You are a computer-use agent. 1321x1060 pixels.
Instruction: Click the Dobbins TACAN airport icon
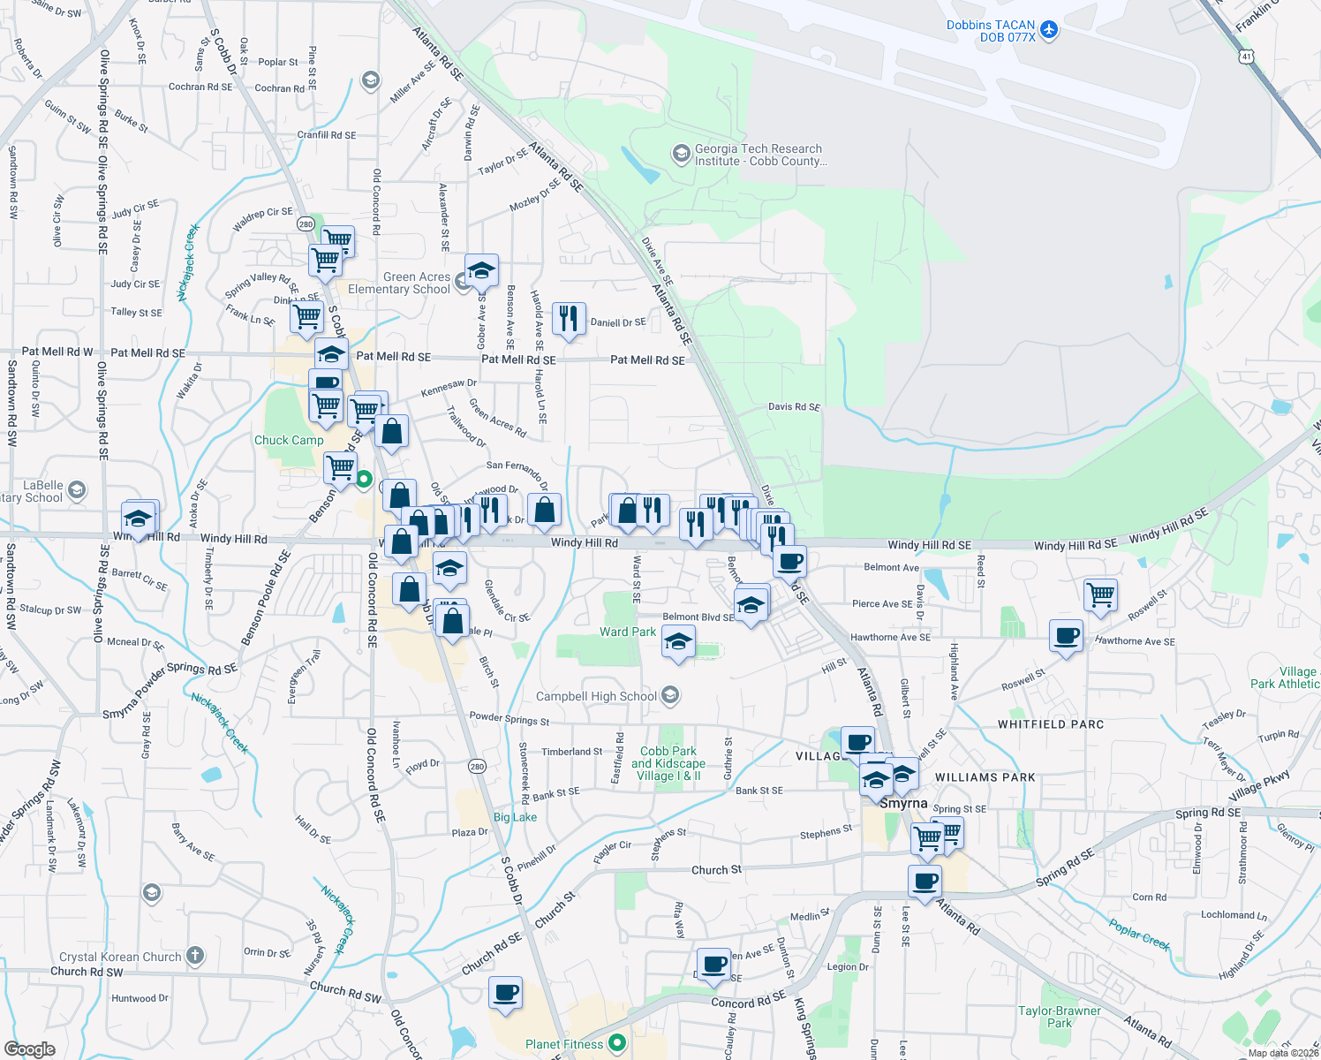1049,29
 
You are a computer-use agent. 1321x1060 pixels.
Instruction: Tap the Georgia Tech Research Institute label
759,155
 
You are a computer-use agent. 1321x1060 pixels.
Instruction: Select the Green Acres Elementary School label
399,283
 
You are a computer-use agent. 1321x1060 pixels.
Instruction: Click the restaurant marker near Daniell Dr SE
569,318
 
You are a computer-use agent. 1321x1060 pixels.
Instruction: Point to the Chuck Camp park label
289,440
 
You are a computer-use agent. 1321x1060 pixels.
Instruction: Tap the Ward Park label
628,632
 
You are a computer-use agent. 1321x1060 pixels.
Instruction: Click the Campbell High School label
597,696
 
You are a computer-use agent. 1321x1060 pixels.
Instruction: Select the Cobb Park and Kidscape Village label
668,763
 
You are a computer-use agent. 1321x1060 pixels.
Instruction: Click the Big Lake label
515,817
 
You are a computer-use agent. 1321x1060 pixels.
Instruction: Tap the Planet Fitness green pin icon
617,1043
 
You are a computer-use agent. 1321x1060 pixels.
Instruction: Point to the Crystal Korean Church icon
195,955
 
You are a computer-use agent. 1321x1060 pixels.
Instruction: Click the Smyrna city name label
903,803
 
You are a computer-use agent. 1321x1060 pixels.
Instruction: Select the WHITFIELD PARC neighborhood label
1051,724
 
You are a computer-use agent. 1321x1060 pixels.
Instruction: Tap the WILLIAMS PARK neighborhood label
985,777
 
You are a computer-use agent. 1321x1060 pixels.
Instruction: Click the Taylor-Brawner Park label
1060,1017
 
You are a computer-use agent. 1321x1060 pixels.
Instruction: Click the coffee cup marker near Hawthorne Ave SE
1066,636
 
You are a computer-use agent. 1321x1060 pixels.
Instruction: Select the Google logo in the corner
29,1049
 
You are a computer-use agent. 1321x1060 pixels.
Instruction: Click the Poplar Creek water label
1139,935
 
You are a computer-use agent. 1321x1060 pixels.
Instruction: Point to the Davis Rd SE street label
794,407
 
